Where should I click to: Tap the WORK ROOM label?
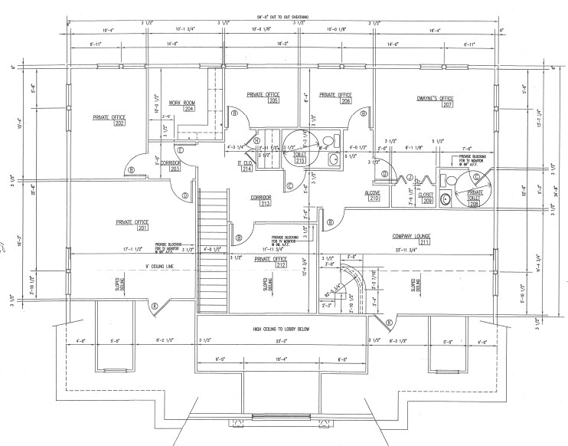tap(181, 102)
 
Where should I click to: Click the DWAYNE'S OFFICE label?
tap(435, 98)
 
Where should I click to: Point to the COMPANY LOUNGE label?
tap(412, 234)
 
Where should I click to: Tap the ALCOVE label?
tap(374, 192)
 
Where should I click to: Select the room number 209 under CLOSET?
tap(426, 201)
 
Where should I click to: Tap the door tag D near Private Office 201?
tap(185, 196)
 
